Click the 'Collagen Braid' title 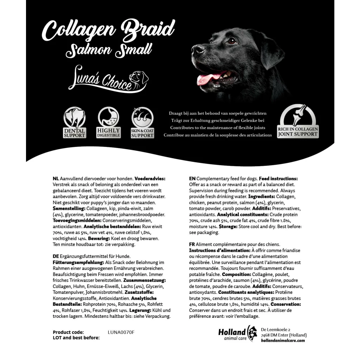coord(108,30)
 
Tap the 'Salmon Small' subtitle coord(109,50)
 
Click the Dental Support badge coord(75,122)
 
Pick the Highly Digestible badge coord(108,122)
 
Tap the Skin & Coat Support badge coord(142,122)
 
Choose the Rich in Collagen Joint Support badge coord(298,121)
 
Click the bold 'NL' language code coord(56,179)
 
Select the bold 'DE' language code coord(56,256)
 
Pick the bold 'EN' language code coord(192,179)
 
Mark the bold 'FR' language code coord(192,244)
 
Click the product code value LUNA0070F coord(121,332)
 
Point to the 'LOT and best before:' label coord(76,338)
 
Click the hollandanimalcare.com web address coord(283,340)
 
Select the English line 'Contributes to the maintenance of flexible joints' coord(218,128)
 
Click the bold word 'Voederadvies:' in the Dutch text coord(150,179)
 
